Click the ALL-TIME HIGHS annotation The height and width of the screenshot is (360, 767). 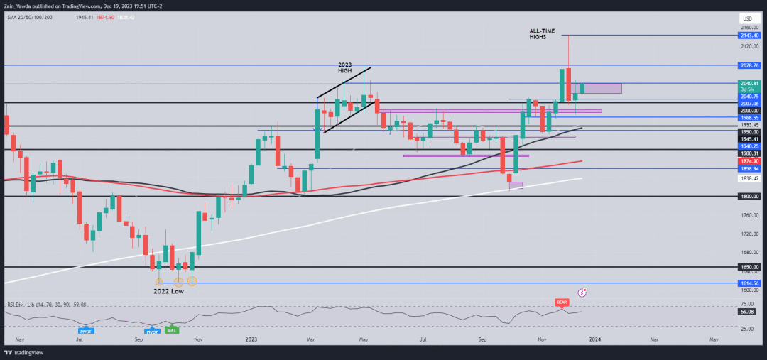pyautogui.click(x=543, y=33)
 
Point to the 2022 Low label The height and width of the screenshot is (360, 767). pyautogui.click(x=169, y=291)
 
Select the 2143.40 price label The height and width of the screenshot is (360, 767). pyautogui.click(x=750, y=35)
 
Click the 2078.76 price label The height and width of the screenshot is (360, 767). pyautogui.click(x=750, y=65)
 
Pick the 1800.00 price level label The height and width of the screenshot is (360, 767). pyautogui.click(x=750, y=197)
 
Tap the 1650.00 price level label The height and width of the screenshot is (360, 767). pyautogui.click(x=750, y=267)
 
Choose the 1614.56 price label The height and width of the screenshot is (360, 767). pyautogui.click(x=750, y=283)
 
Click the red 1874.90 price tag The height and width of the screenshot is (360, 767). pyautogui.click(x=750, y=162)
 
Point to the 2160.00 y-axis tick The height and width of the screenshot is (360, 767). pyautogui.click(x=750, y=27)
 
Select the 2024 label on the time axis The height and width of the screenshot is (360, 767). pyautogui.click(x=595, y=340)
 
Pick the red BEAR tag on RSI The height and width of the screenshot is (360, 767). pyautogui.click(x=562, y=302)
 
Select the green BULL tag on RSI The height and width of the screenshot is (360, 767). pyautogui.click(x=171, y=330)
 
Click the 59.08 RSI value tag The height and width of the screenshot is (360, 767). pyautogui.click(x=750, y=311)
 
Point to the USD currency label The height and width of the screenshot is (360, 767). pyautogui.click(x=746, y=18)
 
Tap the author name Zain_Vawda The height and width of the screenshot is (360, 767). pyautogui.click(x=21, y=4)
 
